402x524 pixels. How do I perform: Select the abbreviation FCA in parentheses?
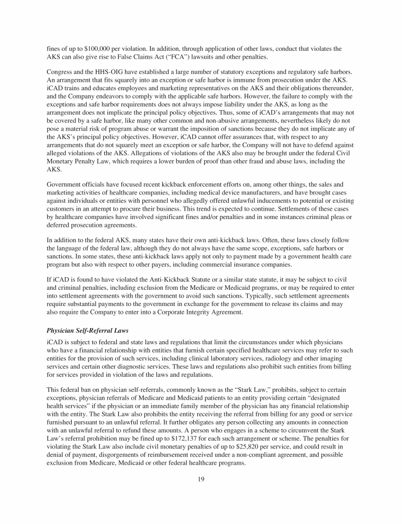click(193, 57)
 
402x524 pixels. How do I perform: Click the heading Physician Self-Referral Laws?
click(90, 331)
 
